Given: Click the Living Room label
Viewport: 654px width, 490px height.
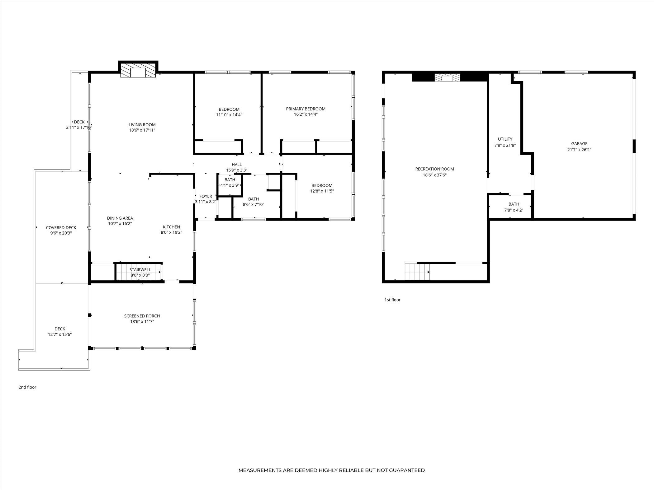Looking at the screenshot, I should tap(142, 125).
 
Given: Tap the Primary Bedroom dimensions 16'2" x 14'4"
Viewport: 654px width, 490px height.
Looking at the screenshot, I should tap(306, 114).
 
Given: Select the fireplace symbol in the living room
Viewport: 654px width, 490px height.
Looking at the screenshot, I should tap(138, 71).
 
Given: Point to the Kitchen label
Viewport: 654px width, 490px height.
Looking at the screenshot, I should tap(171, 227).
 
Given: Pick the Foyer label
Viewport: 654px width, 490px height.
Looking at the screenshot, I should tap(206, 196).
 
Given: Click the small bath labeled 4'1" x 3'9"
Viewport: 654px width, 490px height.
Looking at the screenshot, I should tap(230, 183).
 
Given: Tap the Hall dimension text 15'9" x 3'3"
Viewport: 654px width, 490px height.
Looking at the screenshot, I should tap(237, 170).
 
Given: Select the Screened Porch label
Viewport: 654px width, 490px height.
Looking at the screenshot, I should tap(142, 316).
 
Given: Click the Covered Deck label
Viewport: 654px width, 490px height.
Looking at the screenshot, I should tap(61, 227).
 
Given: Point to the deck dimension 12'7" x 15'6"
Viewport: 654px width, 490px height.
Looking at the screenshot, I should tap(60, 334).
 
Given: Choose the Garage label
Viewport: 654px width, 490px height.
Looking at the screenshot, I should tap(579, 144).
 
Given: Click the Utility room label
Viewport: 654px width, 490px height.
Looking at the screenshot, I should tap(505, 139).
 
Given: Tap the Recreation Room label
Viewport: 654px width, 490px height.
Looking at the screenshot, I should tap(434, 169).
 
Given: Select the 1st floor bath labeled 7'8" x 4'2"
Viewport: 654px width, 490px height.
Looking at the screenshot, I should tap(514, 207).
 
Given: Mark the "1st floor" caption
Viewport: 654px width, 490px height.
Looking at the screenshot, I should tap(392, 300).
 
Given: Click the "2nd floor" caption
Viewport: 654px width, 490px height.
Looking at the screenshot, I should tap(27, 387).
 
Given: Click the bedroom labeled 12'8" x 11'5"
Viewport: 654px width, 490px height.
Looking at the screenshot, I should tap(322, 188).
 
